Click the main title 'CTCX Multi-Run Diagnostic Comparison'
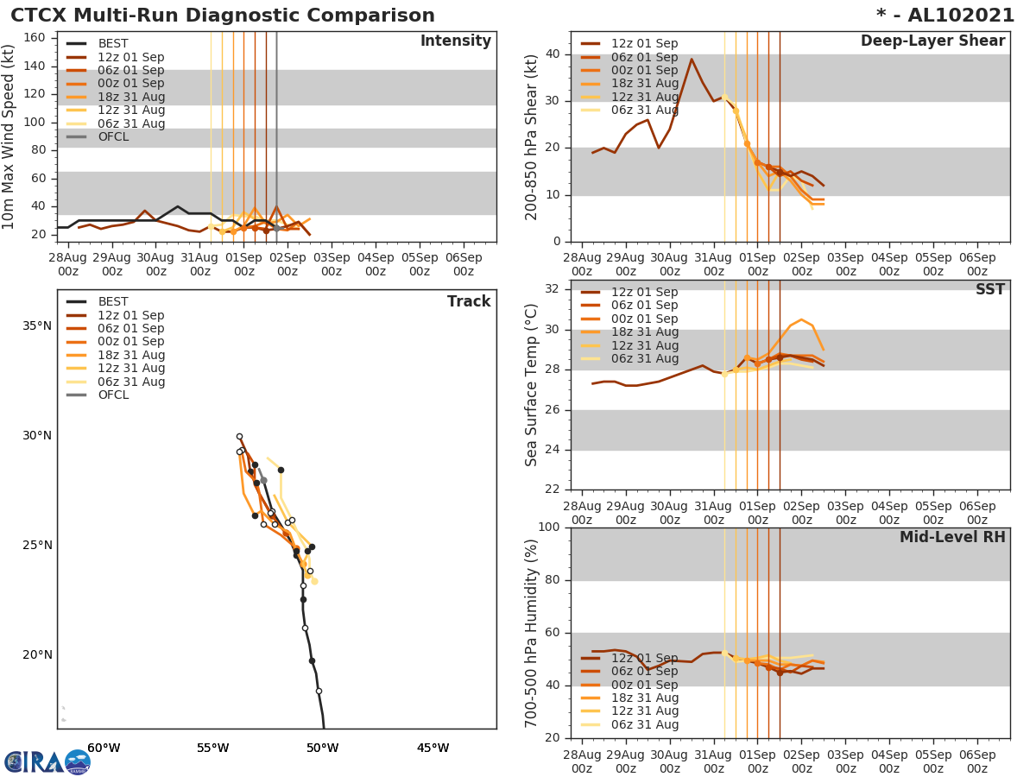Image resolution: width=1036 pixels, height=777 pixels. click(223, 16)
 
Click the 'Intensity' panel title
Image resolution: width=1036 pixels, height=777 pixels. click(455, 41)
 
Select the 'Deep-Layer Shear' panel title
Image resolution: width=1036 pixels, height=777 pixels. click(932, 41)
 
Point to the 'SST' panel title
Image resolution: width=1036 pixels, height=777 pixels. click(989, 289)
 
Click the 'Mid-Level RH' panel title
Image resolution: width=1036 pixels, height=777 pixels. click(952, 537)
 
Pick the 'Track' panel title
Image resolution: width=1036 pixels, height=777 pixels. click(469, 301)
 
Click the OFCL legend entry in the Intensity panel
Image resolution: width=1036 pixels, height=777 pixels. click(113, 136)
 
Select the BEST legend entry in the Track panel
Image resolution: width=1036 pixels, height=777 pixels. click(113, 301)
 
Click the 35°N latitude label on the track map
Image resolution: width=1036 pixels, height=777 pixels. click(37, 325)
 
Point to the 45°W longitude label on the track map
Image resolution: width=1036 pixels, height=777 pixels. click(433, 748)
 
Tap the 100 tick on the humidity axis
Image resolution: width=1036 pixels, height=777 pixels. click(548, 527)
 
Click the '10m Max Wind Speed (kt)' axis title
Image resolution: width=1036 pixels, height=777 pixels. click(9, 137)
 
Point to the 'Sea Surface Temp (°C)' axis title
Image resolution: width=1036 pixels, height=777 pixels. click(532, 385)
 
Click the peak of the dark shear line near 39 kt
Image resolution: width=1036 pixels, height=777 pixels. click(692, 59)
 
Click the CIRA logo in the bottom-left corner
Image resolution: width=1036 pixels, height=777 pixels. click(47, 762)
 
